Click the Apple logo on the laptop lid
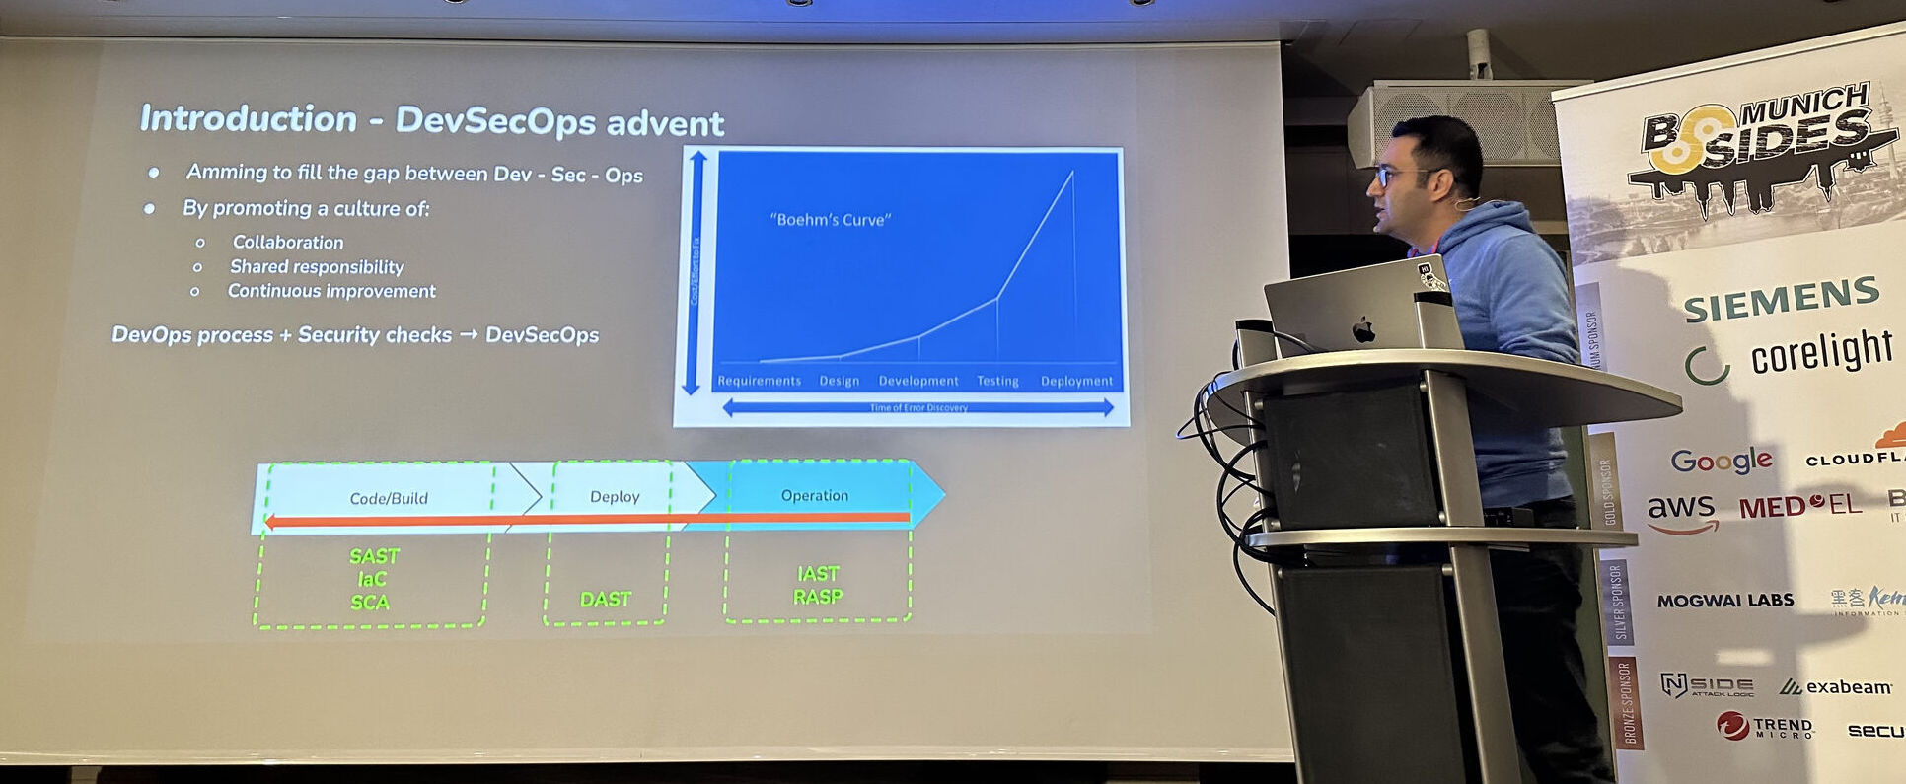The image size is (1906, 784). pos(1363,329)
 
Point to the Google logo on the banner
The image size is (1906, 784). pos(1721,461)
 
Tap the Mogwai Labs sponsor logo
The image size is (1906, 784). pos(1724,601)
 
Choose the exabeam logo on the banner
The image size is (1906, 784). pos(1836,686)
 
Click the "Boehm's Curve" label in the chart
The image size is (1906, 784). pos(830,220)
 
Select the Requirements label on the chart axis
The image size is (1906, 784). pos(759,381)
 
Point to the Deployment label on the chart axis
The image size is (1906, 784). pos(1076,381)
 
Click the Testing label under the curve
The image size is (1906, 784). pos(997,381)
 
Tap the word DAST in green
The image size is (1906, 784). pos(606,599)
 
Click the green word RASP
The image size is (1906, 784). pos(818,596)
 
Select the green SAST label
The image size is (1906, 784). pos(374,556)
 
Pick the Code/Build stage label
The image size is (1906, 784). pos(389,498)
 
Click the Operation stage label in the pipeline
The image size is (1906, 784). pos(815,495)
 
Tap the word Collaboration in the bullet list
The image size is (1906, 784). pos(288,242)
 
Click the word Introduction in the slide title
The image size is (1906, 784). pos(248,118)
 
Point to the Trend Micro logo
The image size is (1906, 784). pos(1766,727)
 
